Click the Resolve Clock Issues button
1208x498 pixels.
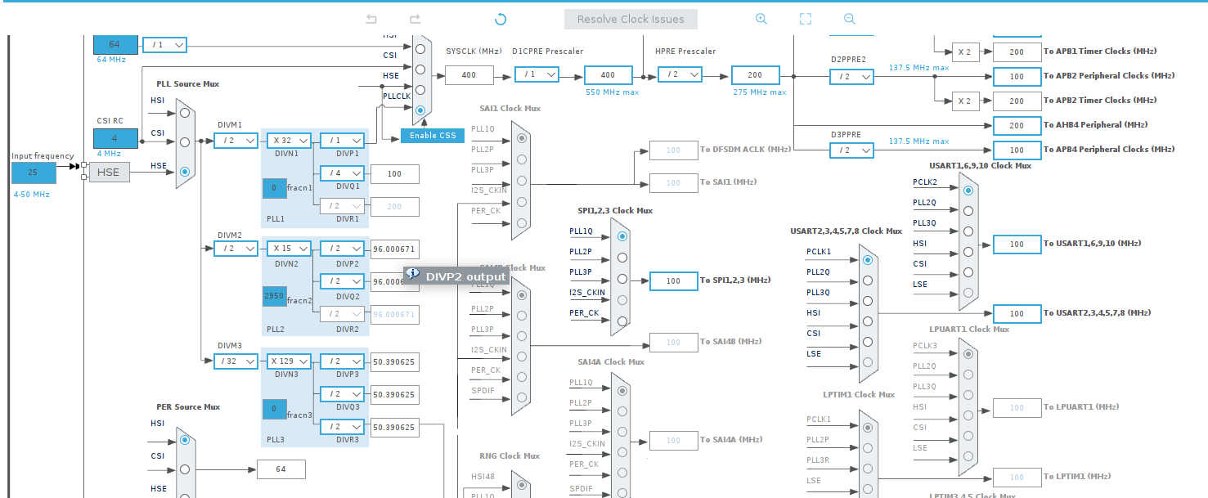pos(630,20)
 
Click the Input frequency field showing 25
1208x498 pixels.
pos(34,173)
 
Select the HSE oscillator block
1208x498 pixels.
pos(109,173)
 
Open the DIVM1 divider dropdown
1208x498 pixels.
pos(236,141)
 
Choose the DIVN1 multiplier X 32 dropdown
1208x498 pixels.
pos(287,141)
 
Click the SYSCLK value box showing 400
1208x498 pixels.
pos(469,75)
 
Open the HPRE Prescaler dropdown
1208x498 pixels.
pos(680,75)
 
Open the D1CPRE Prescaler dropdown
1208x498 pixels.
pos(537,75)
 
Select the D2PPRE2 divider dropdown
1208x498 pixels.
pos(851,77)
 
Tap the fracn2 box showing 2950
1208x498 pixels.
pos(274,296)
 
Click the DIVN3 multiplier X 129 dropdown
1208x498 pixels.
pos(287,361)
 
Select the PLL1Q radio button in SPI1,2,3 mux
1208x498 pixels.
pos(622,236)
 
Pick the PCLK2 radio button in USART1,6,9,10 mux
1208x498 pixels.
pos(968,190)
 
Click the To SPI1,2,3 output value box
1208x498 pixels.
pos(673,281)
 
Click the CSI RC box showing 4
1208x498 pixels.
pos(115,138)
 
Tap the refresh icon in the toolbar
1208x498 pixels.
pos(501,20)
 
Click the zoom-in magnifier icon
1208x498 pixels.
pos(761,19)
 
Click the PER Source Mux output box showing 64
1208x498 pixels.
pos(281,469)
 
